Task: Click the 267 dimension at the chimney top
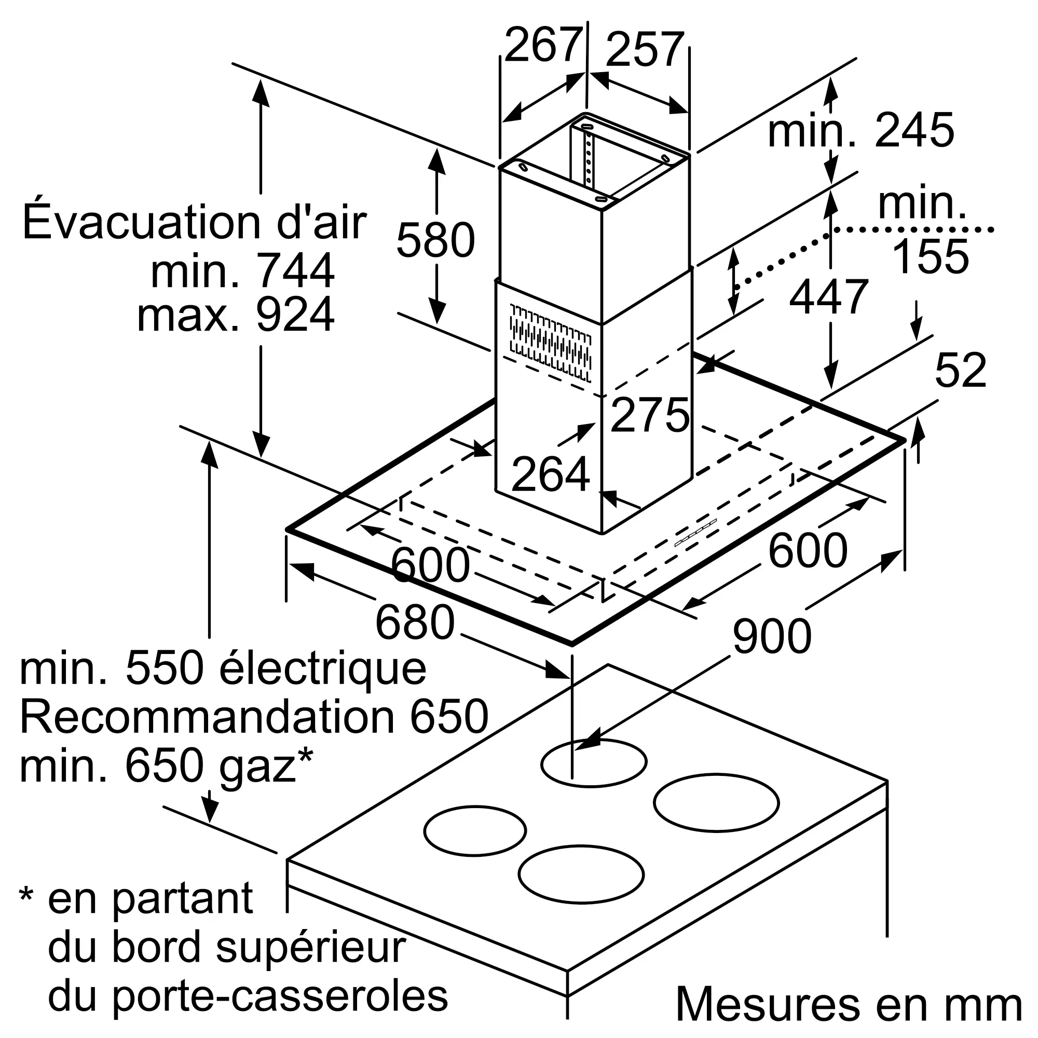[x=543, y=45]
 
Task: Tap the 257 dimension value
[x=645, y=50]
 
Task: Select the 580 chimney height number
[x=436, y=240]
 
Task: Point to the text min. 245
[x=861, y=130]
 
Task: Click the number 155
[x=931, y=257]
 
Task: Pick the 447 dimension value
[x=828, y=296]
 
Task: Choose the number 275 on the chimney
[x=650, y=415]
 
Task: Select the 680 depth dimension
[x=415, y=623]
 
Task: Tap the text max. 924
[x=236, y=315]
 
